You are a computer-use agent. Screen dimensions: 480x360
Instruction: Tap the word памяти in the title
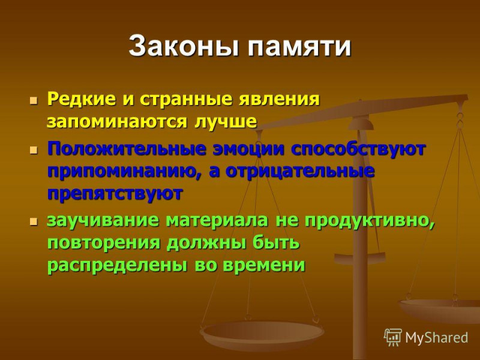click(x=299, y=47)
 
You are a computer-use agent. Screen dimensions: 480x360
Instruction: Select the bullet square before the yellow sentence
click(x=34, y=100)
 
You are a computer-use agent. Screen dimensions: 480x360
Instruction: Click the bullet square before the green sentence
click(x=34, y=221)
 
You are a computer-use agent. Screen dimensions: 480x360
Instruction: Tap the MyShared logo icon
click(x=393, y=337)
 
